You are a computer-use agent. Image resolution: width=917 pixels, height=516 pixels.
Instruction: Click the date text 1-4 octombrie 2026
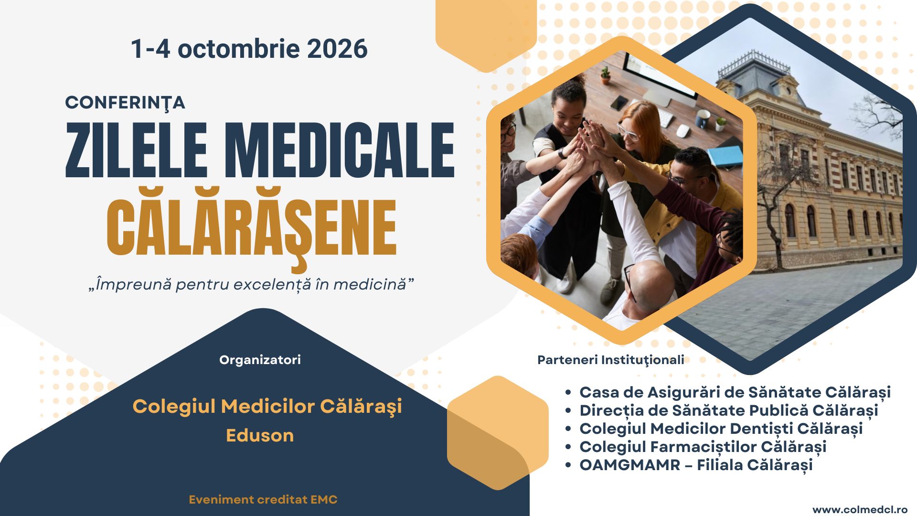coord(249,49)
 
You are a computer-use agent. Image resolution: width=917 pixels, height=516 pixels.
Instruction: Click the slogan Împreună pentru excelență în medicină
coord(251,284)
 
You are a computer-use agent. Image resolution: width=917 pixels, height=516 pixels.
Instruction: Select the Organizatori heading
coord(260,360)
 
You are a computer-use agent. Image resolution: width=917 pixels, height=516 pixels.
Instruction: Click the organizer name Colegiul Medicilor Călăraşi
coord(267,407)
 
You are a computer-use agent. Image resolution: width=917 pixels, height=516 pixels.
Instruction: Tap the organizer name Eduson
coord(260,435)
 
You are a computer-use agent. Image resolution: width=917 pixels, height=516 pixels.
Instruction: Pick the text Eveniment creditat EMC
coord(263,500)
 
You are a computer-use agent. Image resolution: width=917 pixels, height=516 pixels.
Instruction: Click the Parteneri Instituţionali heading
coord(611,360)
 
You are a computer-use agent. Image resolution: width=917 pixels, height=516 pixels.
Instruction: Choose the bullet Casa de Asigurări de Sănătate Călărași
coord(735,393)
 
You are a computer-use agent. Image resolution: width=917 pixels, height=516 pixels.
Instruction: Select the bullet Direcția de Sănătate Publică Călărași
coord(729,411)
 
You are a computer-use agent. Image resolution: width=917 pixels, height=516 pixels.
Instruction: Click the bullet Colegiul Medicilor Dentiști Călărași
coord(721,429)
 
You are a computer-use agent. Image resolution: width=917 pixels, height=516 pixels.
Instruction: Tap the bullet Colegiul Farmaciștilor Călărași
coord(703,447)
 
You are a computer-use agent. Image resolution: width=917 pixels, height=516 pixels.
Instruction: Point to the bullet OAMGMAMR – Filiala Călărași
coord(696,465)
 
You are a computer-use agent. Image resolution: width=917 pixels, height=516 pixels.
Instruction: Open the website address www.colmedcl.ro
coord(860,510)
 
